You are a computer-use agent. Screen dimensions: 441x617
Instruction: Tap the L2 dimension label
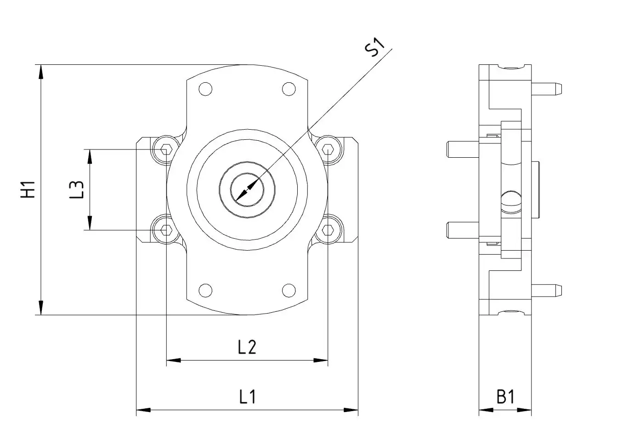click(247, 347)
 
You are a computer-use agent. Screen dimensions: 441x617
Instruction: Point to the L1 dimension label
click(247, 396)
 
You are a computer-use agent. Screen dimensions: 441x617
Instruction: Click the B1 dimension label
click(505, 396)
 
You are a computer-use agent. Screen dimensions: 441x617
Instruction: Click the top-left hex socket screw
click(166, 149)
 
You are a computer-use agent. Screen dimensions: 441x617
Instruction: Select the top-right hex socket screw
click(327, 149)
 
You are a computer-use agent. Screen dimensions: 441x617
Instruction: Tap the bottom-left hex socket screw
click(166, 229)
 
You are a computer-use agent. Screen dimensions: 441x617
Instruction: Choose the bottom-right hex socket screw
click(327, 229)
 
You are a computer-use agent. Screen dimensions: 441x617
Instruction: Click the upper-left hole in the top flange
click(205, 89)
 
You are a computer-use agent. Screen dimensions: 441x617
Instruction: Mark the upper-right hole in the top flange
click(289, 89)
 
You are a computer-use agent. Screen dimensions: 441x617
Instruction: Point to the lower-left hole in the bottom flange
click(205, 290)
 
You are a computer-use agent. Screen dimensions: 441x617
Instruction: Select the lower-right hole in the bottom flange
click(289, 290)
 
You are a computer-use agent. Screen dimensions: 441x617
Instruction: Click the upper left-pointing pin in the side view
click(462, 149)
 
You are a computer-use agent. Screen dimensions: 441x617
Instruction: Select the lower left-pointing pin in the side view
click(462, 229)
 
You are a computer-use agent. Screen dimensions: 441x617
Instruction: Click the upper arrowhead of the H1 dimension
click(41, 71)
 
